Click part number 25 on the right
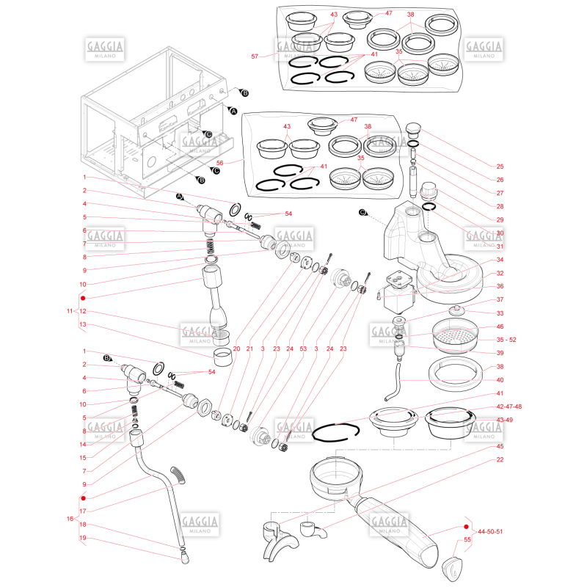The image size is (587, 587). pyautogui.click(x=500, y=167)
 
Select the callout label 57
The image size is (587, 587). pyautogui.click(x=255, y=56)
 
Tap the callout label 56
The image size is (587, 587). pyautogui.click(x=219, y=163)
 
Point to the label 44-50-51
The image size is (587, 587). pyautogui.click(x=490, y=531)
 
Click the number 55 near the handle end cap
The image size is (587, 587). pyautogui.click(x=467, y=539)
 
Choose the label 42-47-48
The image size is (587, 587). pyautogui.click(x=508, y=406)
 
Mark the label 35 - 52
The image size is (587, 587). pyautogui.click(x=506, y=340)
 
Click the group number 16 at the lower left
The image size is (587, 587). pyautogui.click(x=70, y=519)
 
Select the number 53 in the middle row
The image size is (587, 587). pyautogui.click(x=303, y=349)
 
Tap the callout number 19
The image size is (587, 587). pyautogui.click(x=83, y=538)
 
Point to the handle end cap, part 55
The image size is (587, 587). pyautogui.click(x=452, y=569)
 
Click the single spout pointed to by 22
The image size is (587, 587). pyautogui.click(x=313, y=529)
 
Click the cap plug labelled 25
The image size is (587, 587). pyautogui.click(x=413, y=131)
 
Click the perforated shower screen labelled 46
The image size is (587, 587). pyautogui.click(x=455, y=335)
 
